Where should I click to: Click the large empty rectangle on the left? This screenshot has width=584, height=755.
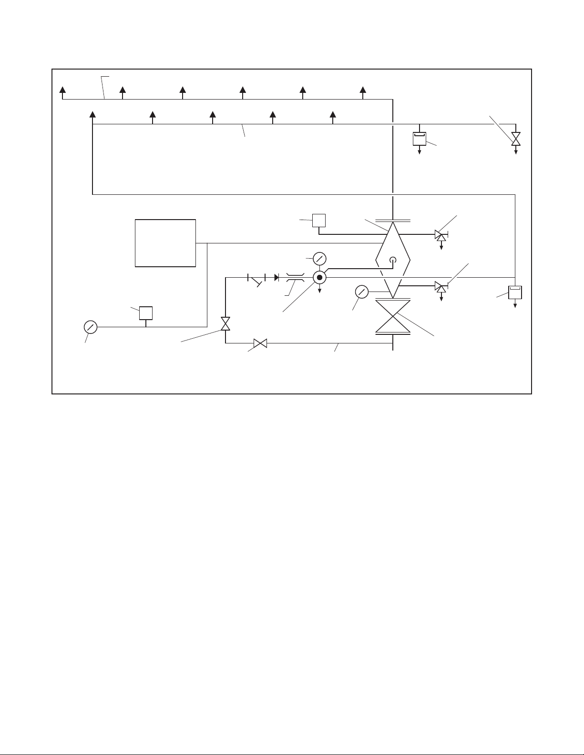[165, 243]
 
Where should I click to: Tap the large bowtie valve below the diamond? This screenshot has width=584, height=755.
[392, 317]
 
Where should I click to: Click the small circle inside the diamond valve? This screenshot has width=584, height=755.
[392, 260]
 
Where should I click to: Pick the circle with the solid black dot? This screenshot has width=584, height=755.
[319, 277]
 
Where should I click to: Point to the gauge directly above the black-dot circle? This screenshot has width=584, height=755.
[319, 259]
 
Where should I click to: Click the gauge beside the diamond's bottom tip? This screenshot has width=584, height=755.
[362, 292]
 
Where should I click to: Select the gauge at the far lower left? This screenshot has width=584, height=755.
[90, 327]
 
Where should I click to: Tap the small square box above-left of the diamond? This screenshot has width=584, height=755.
[318, 221]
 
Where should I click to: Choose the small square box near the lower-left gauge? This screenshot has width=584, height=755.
[145, 313]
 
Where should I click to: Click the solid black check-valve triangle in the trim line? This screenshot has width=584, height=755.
[277, 277]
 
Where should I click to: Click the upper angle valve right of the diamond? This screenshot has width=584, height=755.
[440, 235]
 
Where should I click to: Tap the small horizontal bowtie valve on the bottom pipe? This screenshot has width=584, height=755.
[260, 343]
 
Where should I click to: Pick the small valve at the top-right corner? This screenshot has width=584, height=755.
[516, 139]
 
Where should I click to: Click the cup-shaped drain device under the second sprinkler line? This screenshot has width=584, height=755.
[419, 139]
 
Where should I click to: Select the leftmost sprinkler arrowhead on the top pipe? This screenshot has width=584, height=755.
[62, 91]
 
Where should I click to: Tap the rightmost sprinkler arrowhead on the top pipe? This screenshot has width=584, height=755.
[363, 91]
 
